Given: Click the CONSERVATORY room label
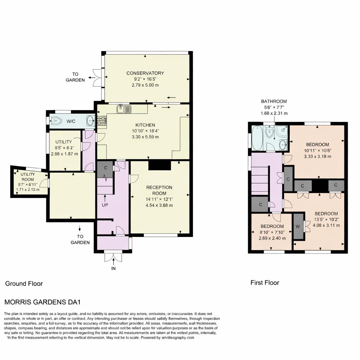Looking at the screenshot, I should tap(145, 73).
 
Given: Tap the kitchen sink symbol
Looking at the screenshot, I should tap(124, 109).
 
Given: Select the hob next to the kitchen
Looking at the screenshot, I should tap(102, 121).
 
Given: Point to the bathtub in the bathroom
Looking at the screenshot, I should tap(257, 138).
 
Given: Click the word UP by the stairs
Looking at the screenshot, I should tap(105, 205).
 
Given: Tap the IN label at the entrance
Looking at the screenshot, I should tap(114, 268).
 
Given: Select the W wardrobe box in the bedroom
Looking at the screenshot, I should tap(298, 226).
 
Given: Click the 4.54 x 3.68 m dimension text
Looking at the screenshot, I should tap(159, 205).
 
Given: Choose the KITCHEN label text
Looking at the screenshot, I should tap(145, 125).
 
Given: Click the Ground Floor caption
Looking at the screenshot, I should tap(24, 283).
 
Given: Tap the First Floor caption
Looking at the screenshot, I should tap(265, 282).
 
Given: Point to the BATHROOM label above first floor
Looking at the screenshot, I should tap(274, 101).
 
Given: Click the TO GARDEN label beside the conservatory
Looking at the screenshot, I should tap(75, 77).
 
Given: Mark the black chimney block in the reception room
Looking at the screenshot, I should tap(159, 165).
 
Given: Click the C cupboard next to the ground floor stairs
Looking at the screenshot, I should tap(105, 168).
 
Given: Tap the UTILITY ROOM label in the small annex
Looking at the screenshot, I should tap(28, 176).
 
